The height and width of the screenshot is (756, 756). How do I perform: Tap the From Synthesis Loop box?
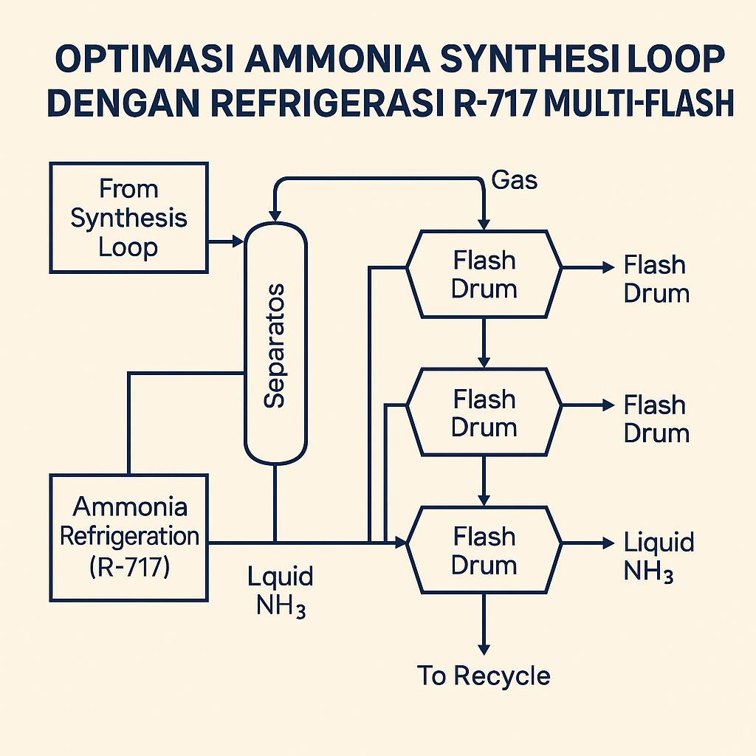(x=128, y=219)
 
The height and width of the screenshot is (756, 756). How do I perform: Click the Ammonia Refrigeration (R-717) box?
(x=128, y=536)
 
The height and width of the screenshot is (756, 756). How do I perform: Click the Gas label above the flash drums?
(x=514, y=179)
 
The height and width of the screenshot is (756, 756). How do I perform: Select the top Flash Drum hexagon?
(x=484, y=274)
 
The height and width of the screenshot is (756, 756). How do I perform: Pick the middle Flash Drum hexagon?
(x=484, y=413)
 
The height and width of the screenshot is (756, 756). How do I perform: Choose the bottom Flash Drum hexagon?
(x=484, y=550)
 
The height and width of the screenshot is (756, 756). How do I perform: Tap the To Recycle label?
(x=484, y=676)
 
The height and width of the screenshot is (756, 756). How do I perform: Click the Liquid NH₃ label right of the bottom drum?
(x=659, y=556)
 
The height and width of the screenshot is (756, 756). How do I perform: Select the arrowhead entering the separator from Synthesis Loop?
(x=238, y=241)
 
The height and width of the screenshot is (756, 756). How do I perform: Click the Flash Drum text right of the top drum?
(x=656, y=278)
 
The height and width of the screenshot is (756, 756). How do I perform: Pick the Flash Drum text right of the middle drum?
(x=656, y=418)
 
